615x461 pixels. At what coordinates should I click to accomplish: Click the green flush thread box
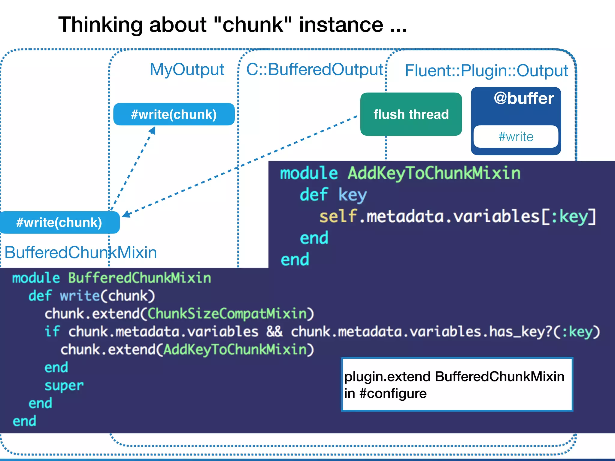coord(411,114)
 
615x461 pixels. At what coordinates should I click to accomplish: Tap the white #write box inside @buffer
coord(516,137)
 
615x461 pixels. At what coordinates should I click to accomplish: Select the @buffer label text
coord(524,98)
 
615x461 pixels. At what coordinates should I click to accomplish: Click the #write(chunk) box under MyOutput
coord(174,114)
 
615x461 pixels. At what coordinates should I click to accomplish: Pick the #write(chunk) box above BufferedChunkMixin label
coord(59,222)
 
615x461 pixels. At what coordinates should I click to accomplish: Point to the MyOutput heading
coord(187,69)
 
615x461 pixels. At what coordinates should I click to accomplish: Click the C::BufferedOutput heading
coord(314,69)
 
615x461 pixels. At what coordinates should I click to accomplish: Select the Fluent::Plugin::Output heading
coord(486,71)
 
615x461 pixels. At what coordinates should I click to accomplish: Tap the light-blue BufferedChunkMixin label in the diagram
coord(80,252)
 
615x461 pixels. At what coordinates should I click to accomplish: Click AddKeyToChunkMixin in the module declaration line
coord(434,173)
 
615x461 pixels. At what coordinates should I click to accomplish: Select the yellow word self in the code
coord(338,216)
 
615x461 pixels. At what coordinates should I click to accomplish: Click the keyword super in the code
coord(64,386)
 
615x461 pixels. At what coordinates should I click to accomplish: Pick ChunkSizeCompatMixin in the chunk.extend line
coord(227,314)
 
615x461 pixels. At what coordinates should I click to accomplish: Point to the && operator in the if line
coord(274,332)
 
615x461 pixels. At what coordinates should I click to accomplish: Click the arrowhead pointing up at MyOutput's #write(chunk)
coord(153,130)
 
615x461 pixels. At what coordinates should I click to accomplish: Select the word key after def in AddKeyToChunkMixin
coord(353,195)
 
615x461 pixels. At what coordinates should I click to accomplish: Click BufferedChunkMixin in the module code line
coord(139,278)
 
